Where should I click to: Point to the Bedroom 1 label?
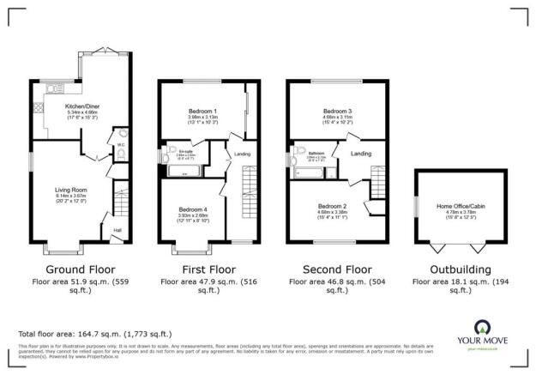click(x=202, y=112)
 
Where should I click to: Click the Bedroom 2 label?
click(x=332, y=206)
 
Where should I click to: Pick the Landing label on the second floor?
click(x=360, y=154)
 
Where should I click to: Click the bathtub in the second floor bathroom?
click(x=307, y=172)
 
